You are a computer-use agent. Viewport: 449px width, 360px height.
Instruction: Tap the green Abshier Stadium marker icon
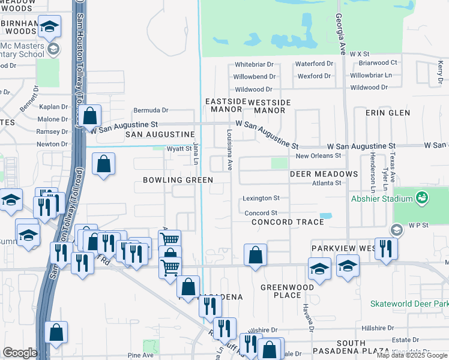[x=422, y=197]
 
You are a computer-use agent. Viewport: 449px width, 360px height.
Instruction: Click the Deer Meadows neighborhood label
[x=324, y=174]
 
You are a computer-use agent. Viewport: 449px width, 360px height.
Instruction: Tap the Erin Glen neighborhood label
[x=391, y=113]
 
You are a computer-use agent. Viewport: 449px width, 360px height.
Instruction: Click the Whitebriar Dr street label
[x=254, y=64]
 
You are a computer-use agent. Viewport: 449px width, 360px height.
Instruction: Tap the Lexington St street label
[x=261, y=198]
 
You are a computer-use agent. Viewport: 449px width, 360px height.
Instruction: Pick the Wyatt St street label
[x=178, y=149]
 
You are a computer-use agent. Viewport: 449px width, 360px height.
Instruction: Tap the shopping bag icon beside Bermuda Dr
[x=90, y=115]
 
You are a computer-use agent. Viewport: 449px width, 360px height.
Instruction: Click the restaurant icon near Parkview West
[x=386, y=247]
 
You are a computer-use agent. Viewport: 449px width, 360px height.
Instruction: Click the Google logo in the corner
[x=20, y=353]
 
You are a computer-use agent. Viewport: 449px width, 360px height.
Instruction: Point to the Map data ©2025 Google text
[x=411, y=355]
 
